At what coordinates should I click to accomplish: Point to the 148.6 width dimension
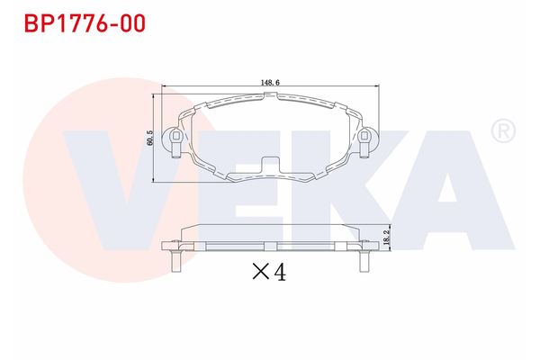pos(270,82)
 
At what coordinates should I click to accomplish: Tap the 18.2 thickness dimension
pos(385,238)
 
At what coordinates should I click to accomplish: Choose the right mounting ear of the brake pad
pos(366,139)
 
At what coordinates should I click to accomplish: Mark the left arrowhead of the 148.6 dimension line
pos(163,87)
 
